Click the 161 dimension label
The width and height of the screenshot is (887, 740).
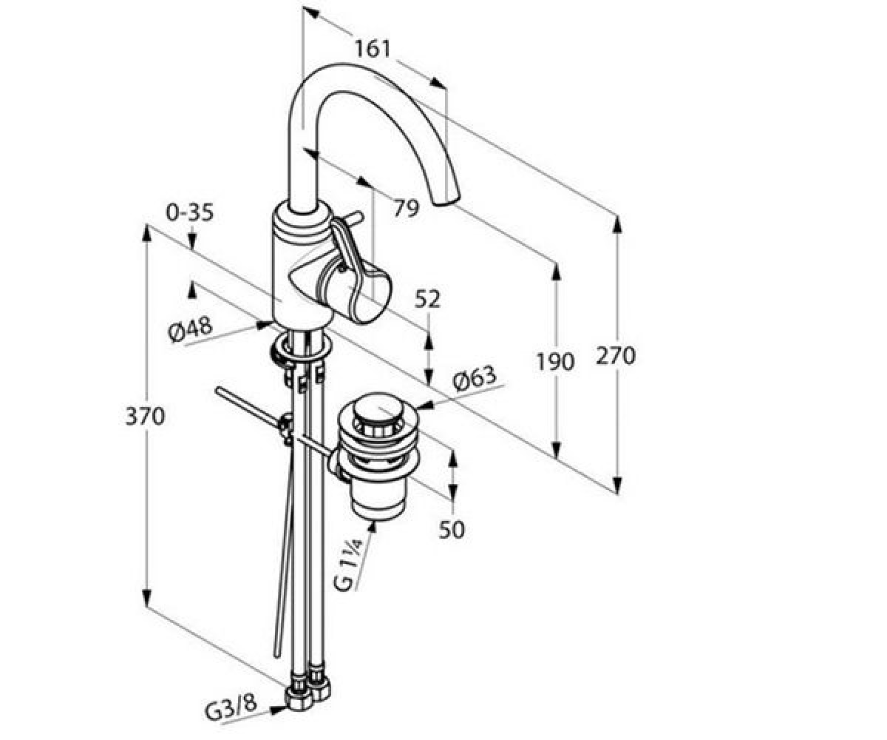click(x=372, y=49)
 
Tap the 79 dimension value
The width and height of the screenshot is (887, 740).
click(x=406, y=208)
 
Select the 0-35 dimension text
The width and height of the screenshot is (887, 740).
click(x=189, y=212)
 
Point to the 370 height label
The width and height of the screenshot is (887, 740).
click(x=145, y=416)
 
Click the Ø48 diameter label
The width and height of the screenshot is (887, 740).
click(x=190, y=330)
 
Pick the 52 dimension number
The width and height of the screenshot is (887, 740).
click(x=427, y=299)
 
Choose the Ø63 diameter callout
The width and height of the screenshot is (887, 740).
click(x=475, y=378)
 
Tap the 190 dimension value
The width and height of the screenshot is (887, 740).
click(x=555, y=362)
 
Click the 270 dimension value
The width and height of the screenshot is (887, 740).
click(x=616, y=355)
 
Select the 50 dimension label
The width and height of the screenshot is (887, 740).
click(x=452, y=530)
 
